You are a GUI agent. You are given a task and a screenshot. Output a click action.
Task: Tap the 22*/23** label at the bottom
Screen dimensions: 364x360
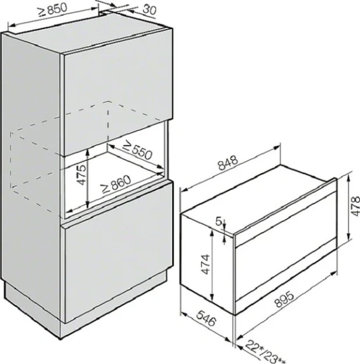point(266,349)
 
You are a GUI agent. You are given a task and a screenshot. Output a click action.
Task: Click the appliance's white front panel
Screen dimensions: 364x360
point(285,243)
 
